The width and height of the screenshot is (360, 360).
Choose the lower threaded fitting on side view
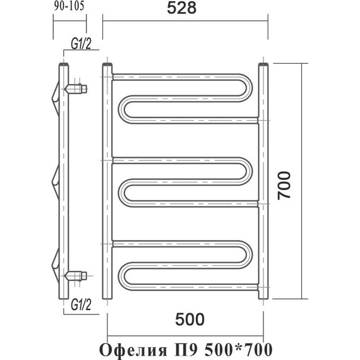pyautogui.click(x=78, y=275)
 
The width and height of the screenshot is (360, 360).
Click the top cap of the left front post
pyautogui.click(x=107, y=64)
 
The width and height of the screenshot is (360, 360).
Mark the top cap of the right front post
pyautogui.click(x=263, y=64)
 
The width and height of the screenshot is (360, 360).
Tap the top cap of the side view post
pyautogui.click(x=63, y=64)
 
